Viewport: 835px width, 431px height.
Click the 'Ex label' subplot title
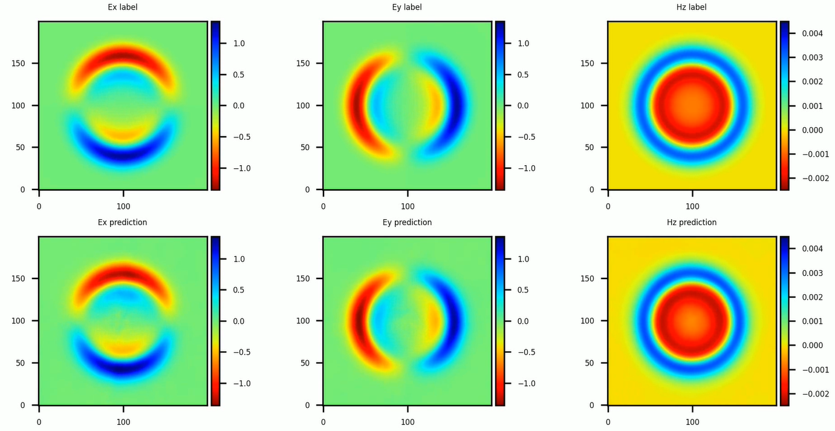point(123,7)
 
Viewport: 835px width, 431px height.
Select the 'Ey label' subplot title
point(407,7)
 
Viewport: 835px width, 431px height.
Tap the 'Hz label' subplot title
point(692,7)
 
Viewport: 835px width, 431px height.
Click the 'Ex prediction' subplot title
point(123,222)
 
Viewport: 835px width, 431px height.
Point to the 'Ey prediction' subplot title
point(407,222)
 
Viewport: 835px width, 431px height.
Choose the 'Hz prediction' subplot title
point(692,222)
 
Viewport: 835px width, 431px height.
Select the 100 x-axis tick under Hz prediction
point(692,417)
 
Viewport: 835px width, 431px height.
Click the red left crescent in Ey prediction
point(360,320)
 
